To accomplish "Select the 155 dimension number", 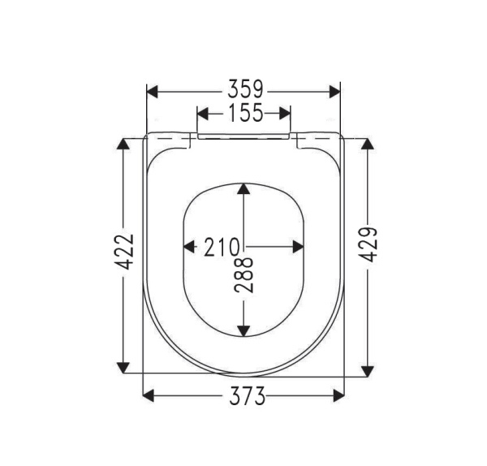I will [244, 113].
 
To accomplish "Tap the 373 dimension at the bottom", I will [244, 396].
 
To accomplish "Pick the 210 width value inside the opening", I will [220, 246].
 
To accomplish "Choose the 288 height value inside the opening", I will [244, 274].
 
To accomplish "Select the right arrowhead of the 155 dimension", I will [284, 113].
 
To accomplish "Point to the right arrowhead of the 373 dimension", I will [338, 396].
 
